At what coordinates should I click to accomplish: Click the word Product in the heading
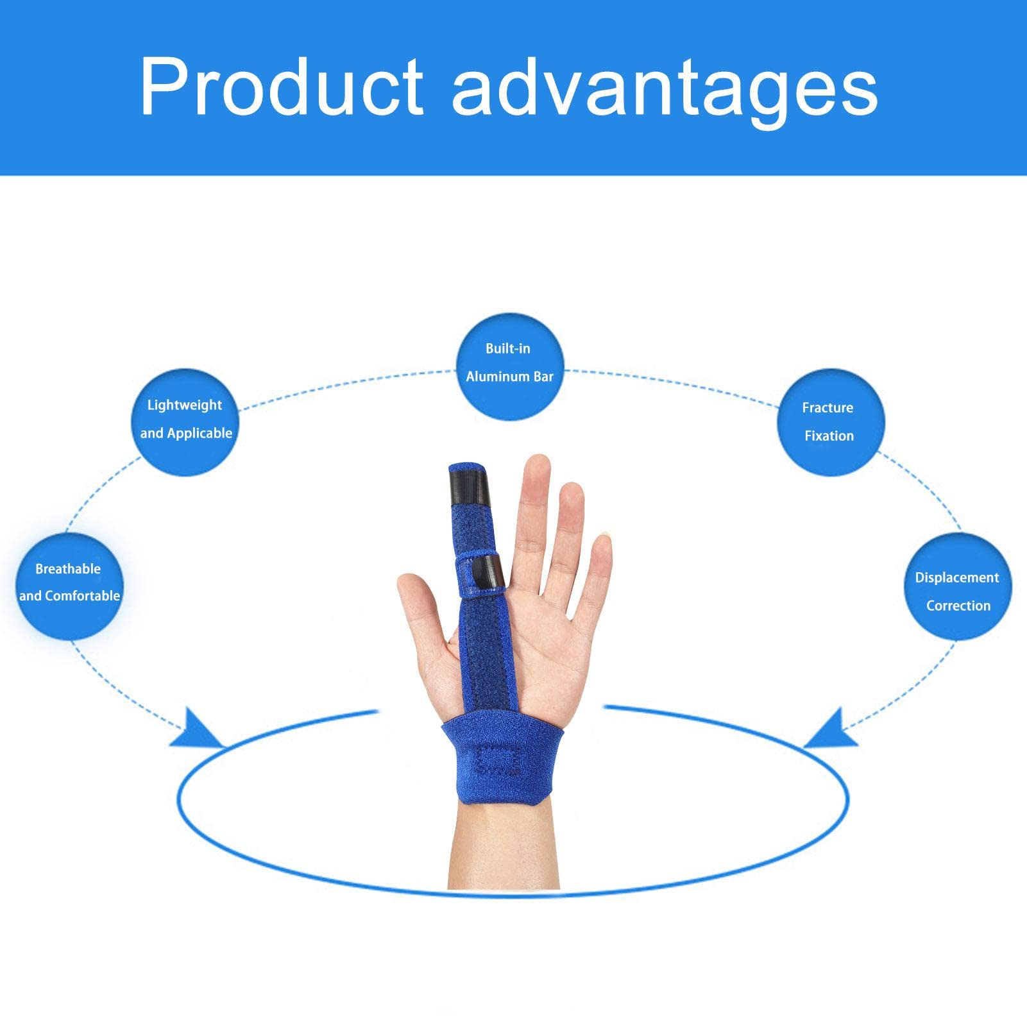point(282,86)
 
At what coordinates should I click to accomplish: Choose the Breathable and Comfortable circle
point(69,585)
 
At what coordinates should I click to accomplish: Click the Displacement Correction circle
point(957,587)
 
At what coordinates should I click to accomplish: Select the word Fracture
point(828,408)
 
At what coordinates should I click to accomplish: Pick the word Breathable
point(68,569)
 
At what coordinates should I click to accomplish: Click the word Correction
point(958,606)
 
